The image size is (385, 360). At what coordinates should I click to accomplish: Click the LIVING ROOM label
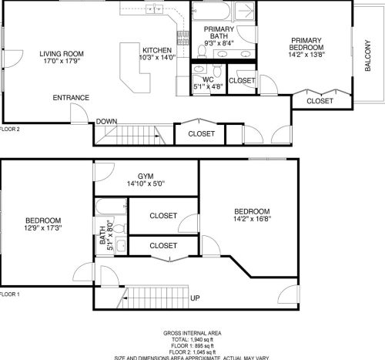62,53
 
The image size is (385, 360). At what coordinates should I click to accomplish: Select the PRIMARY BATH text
219,32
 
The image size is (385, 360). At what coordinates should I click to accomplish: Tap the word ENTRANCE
71,98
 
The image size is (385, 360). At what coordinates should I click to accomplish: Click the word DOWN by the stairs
107,121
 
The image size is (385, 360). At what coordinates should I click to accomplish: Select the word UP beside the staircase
195,298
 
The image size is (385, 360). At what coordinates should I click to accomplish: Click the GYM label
145,176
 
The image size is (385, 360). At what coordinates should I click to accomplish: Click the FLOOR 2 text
10,130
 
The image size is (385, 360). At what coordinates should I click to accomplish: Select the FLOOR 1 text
10,294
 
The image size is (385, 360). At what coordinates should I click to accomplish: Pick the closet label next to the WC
242,80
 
